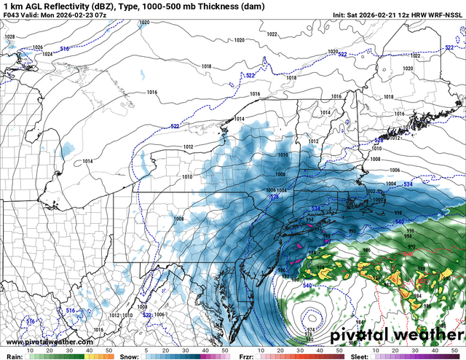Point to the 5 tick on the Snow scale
pos(146,351)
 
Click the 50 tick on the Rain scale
pos(108,351)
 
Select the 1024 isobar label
pos(47,54)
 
